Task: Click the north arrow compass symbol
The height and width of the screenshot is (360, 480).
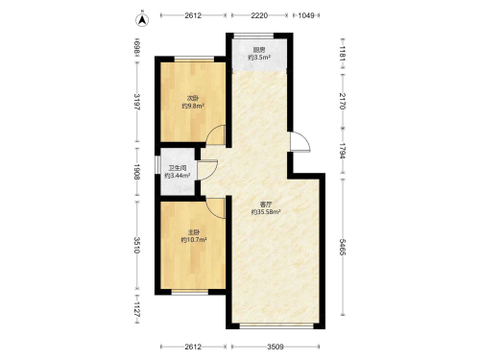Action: (142, 20)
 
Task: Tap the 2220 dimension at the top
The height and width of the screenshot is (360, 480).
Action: (259, 15)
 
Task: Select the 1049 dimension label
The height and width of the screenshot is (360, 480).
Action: (306, 15)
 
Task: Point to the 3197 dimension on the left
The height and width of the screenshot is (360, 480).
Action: (137, 102)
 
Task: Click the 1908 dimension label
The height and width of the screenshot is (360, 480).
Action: (137, 172)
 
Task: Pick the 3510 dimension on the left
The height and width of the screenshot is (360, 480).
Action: (137, 245)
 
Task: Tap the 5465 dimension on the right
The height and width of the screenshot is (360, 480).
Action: (342, 247)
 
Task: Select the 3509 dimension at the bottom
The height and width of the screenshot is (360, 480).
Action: (276, 347)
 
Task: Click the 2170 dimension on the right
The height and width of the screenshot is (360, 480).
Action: (342, 101)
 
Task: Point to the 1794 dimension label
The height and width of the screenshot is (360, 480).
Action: (342, 151)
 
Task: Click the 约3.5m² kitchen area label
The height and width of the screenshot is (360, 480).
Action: (259, 58)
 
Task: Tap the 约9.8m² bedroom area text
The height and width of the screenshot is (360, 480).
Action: (193, 106)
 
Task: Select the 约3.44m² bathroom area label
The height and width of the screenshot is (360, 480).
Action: (178, 176)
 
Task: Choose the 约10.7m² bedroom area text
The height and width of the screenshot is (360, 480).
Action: (194, 240)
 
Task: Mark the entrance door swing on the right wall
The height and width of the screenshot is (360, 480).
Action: (300, 141)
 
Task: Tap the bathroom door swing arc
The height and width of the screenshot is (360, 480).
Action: (208, 170)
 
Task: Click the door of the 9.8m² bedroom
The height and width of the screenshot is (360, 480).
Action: (216, 134)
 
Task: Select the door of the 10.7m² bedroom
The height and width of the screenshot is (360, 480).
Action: (216, 208)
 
